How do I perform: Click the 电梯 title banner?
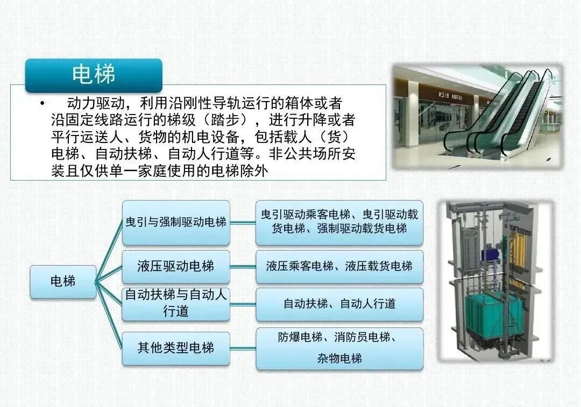[94, 75]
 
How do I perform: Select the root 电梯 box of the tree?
[63, 281]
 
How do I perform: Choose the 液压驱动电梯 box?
[176, 266]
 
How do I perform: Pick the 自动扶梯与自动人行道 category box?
[176, 303]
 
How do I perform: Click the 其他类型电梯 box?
[176, 348]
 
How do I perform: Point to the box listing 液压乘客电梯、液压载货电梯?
[339, 266]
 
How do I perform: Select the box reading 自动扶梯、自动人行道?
[339, 304]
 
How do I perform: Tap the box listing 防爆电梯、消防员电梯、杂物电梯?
[339, 348]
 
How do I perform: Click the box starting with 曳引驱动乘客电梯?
[339, 222]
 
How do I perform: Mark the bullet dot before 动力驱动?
[41, 103]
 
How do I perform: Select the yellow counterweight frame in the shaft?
[519, 248]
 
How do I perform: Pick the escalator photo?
[476, 116]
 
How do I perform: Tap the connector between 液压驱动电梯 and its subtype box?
[243, 267]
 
